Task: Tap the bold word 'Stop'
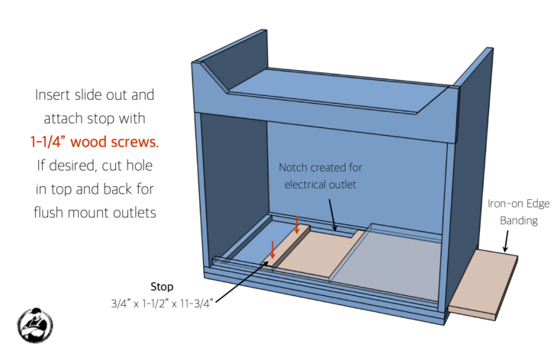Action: (162, 287)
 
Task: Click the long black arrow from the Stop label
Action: (237, 283)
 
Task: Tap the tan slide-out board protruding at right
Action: (482, 282)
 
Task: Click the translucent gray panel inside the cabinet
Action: (389, 259)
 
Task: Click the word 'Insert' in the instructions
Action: (59, 96)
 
